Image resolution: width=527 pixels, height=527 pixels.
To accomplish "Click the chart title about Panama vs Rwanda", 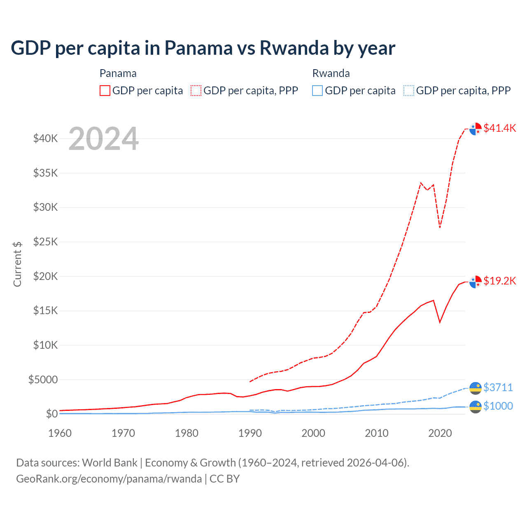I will [x=203, y=48].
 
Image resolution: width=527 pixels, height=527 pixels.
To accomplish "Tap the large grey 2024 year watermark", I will [x=103, y=139].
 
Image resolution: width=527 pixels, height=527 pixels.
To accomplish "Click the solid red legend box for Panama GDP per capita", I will [x=105, y=91].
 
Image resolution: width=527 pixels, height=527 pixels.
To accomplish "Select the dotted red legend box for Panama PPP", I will [x=196, y=91].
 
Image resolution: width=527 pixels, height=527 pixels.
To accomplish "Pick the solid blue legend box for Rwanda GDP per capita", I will [x=317, y=91].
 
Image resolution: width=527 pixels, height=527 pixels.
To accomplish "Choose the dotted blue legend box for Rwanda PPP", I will [x=408, y=91].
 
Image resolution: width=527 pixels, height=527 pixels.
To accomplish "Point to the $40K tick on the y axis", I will [x=45, y=138].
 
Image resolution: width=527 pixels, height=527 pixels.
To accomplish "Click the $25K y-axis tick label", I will [x=45, y=242].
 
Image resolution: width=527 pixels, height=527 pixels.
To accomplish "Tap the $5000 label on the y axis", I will [x=43, y=380].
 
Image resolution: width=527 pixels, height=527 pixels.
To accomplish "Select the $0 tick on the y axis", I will [x=51, y=414].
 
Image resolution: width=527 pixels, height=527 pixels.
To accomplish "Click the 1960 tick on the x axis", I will [x=60, y=433].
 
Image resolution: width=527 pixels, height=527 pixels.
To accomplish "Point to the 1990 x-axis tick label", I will [x=250, y=433].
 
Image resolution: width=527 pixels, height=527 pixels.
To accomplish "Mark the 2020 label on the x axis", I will [x=440, y=433].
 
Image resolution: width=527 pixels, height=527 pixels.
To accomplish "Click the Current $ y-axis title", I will [x=17, y=264].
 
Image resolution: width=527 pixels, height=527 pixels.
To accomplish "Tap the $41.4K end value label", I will [x=499, y=128].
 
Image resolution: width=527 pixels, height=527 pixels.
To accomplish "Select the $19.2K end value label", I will [x=499, y=281].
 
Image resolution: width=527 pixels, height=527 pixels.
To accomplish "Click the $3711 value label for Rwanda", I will [x=498, y=387].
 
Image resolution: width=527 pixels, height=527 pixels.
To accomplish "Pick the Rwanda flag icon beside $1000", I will [x=476, y=406].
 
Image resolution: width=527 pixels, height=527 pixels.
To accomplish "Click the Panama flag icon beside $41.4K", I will [x=476, y=128].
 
